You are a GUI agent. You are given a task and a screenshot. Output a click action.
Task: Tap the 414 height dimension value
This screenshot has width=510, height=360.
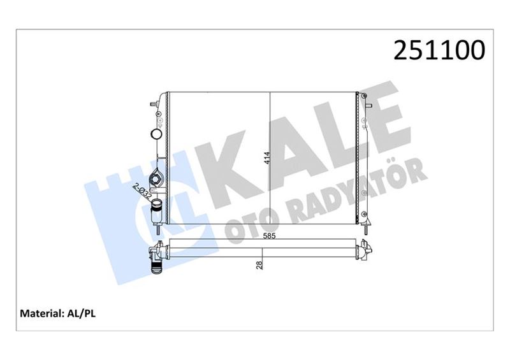point(266,157)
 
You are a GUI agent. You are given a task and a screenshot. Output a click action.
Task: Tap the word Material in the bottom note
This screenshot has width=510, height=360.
point(41,313)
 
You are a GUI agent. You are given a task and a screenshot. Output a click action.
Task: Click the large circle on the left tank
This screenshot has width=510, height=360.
point(155,134)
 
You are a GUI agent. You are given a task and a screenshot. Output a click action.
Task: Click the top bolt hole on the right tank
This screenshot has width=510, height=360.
point(365,97)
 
